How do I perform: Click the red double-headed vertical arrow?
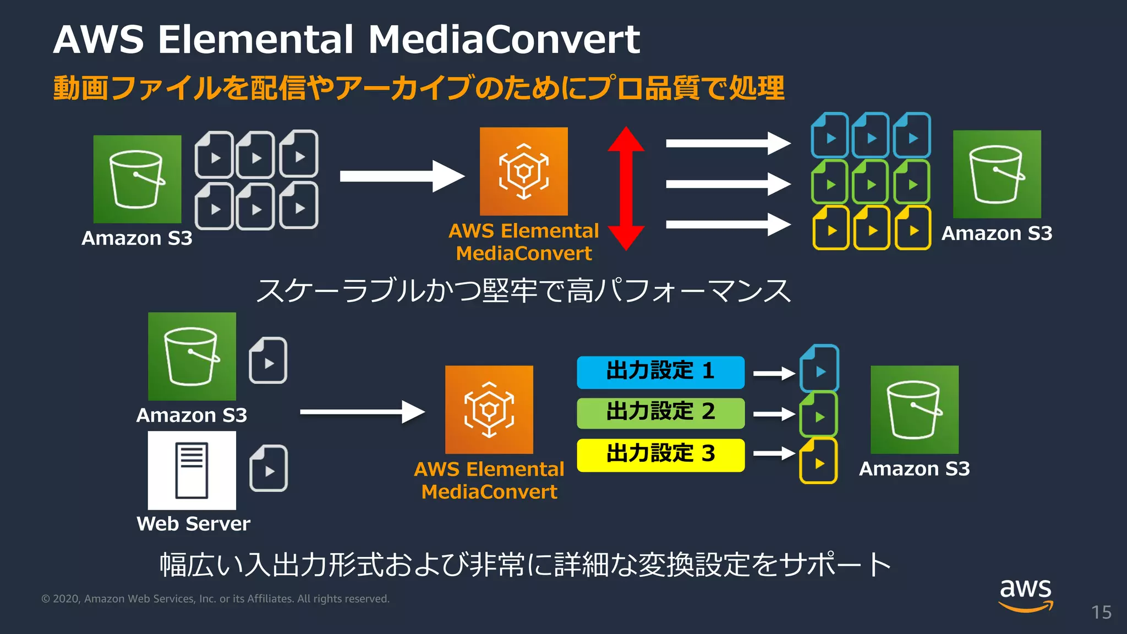[626, 188]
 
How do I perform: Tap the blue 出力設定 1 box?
[660, 372]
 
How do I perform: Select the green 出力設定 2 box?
[660, 413]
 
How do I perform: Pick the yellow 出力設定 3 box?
[660, 455]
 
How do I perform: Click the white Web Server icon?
[192, 471]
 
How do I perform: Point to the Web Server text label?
[193, 523]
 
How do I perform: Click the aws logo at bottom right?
[1025, 594]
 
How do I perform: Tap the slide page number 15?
[1101, 613]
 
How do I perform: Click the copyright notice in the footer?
[215, 599]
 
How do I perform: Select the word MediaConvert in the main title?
[504, 40]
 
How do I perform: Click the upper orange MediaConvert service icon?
[523, 171]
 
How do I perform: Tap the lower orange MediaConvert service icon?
[489, 409]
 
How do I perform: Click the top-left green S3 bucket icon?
[137, 179]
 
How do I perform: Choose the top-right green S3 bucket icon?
[997, 174]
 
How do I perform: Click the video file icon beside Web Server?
[269, 468]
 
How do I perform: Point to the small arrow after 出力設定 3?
[774, 453]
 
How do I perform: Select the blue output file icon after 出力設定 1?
[819, 368]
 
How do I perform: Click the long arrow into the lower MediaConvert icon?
[362, 412]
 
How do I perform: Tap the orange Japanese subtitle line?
[418, 88]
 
